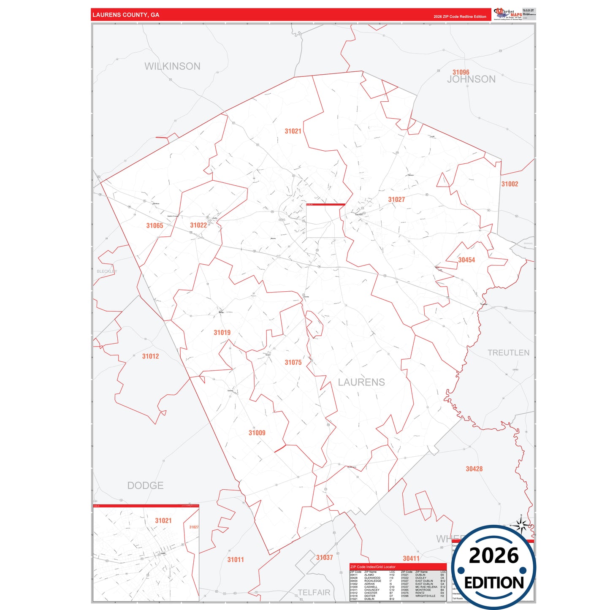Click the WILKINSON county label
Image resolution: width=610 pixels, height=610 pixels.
point(172,66)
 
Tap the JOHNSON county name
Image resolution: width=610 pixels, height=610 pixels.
point(471,79)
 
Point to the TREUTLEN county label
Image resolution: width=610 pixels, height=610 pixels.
point(508,353)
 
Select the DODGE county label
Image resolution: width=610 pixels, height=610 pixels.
point(145,485)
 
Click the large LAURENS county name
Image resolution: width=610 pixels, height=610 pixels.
point(361,382)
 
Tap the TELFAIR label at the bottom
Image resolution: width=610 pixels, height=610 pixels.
point(314,593)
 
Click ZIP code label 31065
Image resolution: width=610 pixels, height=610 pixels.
point(155,226)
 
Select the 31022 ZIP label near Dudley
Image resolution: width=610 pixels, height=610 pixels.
point(198,225)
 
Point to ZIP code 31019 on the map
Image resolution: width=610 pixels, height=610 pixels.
point(222,333)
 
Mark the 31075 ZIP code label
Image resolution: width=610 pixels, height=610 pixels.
point(293,363)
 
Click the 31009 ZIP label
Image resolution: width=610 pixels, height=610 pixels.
point(257,433)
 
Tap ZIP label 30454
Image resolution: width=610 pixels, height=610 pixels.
point(466,260)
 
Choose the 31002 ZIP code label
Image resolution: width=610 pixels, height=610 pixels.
point(510,184)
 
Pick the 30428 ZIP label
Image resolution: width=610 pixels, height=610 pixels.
point(474,469)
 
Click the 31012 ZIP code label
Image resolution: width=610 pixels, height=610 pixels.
point(150,356)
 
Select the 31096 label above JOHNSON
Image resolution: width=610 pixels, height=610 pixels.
point(461,72)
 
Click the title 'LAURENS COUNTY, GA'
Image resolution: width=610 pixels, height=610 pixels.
point(126,15)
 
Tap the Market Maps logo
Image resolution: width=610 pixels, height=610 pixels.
point(508,14)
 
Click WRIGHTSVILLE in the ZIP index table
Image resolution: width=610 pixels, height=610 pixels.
point(425,596)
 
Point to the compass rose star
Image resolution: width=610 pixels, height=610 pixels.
point(522,526)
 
